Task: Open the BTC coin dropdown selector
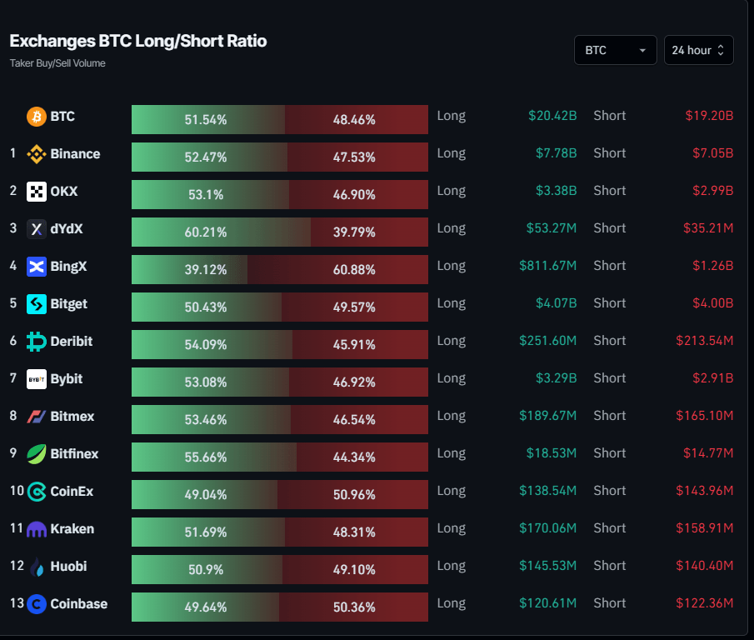click(615, 50)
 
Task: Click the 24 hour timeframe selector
click(698, 50)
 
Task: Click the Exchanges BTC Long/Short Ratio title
click(138, 41)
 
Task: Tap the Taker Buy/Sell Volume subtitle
click(57, 63)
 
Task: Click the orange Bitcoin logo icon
click(36, 117)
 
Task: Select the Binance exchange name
click(75, 154)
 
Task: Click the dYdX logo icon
click(36, 229)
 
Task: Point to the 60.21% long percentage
click(205, 232)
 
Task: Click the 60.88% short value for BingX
click(354, 270)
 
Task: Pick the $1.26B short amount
click(712, 266)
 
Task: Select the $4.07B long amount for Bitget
click(556, 303)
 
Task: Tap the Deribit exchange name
click(72, 342)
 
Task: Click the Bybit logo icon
click(36, 379)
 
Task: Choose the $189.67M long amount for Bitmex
click(547, 416)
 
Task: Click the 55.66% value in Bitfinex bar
click(205, 457)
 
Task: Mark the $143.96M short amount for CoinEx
click(704, 491)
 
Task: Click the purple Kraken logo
click(36, 529)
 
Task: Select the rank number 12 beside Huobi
click(16, 567)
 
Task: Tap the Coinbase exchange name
click(78, 604)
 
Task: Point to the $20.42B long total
click(552, 116)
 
